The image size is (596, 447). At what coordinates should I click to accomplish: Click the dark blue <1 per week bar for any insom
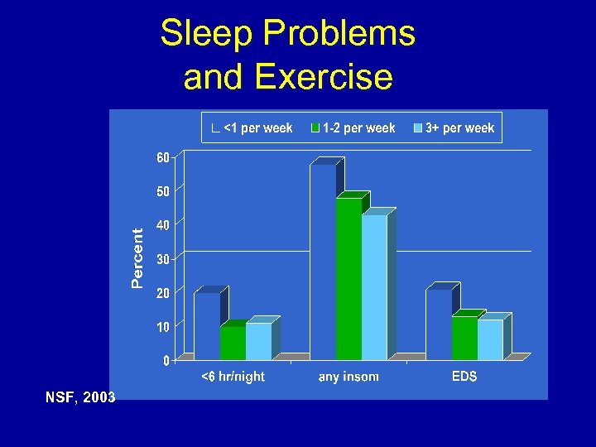click(x=323, y=262)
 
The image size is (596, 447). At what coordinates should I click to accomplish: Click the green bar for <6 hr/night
click(x=233, y=343)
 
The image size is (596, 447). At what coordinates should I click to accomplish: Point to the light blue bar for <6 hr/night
click(x=258, y=341)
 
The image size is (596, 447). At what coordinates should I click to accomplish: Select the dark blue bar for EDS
click(x=439, y=324)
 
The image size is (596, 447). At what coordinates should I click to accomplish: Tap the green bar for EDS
click(x=464, y=338)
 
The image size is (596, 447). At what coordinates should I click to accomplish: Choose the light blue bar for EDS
click(x=490, y=339)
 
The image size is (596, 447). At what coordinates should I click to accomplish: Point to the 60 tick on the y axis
click(x=163, y=157)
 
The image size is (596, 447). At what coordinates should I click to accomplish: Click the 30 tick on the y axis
click(x=163, y=259)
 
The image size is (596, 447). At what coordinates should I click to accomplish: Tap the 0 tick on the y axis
click(x=166, y=361)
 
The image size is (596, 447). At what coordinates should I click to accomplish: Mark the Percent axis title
click(x=138, y=258)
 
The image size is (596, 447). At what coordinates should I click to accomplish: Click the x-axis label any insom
click(x=348, y=377)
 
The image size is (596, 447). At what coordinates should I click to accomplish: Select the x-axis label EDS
click(x=464, y=377)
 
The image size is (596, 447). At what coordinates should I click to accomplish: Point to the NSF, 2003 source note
click(x=80, y=398)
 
